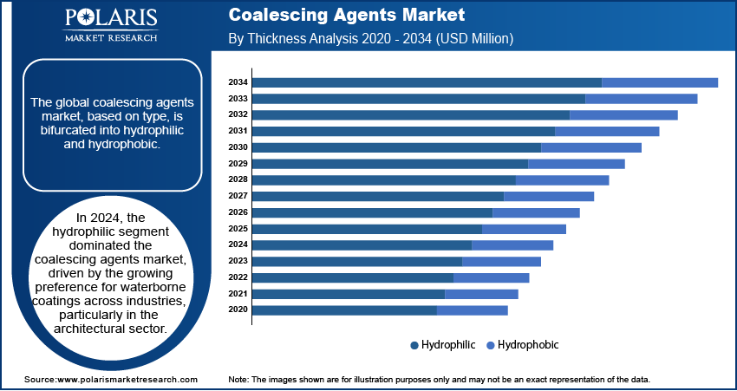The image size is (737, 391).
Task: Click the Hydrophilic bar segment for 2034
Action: click(427, 82)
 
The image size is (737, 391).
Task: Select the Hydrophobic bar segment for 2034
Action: click(660, 82)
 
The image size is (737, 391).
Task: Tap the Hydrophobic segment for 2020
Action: click(473, 310)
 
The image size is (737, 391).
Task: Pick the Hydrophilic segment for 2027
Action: click(378, 196)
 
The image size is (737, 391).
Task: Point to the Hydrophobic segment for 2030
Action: click(591, 147)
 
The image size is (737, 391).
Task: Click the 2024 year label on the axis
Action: click(238, 244)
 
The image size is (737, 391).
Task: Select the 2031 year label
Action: click(238, 131)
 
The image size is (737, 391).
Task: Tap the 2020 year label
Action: click(238, 310)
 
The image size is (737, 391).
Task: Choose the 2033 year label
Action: click(238, 99)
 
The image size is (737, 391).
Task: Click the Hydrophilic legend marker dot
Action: click(414, 345)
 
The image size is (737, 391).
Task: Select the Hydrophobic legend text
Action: click(528, 344)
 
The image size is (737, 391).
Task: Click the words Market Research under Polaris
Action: click(110, 37)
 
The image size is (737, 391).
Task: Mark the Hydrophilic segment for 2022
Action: click(353, 277)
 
